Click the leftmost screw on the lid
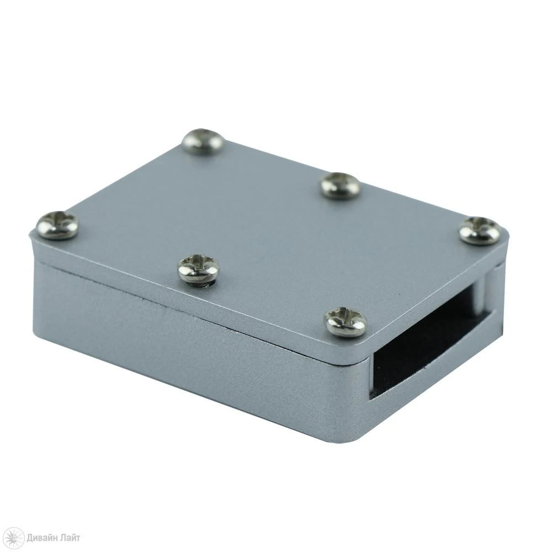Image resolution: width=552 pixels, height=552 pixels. tap(57, 224)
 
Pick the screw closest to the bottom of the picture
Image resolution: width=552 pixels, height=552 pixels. tap(346, 321)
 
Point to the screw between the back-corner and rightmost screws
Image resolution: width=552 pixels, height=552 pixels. tap(341, 185)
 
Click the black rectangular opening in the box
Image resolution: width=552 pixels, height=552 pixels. tap(425, 342)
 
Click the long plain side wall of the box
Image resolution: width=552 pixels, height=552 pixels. tap(182, 353)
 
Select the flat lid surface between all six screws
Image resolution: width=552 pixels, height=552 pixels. tap(265, 221)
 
